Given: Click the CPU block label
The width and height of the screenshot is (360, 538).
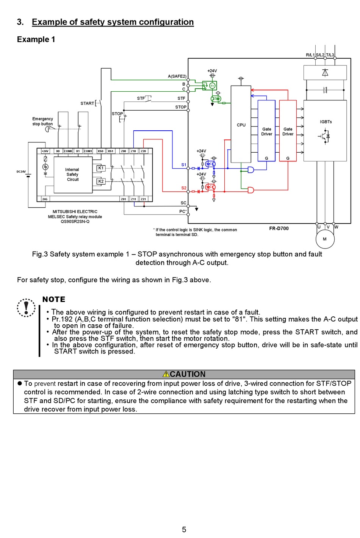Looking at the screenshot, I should (241, 125).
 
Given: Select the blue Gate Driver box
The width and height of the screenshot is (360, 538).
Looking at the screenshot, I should (266, 131).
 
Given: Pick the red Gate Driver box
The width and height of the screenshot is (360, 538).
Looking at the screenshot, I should (288, 131).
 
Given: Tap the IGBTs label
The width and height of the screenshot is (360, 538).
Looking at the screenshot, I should (326, 122).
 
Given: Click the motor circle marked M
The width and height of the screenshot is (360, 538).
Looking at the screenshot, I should (325, 239).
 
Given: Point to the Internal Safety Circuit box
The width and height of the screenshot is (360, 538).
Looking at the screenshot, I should (72, 175).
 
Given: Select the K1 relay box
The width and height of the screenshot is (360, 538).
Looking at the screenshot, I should (101, 168).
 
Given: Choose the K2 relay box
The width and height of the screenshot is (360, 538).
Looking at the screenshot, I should (101, 181).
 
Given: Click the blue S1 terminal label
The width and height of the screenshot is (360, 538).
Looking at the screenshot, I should (184, 165).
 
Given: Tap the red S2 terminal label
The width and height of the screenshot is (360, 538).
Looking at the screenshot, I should (184, 188).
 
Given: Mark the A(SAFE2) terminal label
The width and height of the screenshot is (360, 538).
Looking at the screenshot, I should (177, 76).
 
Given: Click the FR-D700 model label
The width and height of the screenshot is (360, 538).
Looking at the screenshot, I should (279, 228).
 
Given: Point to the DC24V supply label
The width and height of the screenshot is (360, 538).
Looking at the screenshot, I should (21, 172).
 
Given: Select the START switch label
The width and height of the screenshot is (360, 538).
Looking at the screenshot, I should (87, 103).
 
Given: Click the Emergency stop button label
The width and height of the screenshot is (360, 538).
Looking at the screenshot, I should (42, 121).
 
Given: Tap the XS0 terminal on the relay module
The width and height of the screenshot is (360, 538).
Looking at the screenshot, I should (100, 151).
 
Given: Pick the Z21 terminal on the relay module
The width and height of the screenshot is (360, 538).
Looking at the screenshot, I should (144, 199).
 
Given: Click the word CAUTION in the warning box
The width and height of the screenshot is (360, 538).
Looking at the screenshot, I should (187, 374).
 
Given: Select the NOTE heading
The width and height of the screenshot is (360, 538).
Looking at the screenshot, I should (54, 300).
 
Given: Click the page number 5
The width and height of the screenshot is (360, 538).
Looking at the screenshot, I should (184, 530).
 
